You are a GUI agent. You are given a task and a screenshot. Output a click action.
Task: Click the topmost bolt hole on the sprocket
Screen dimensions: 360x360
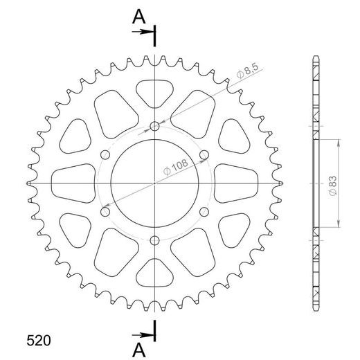click(x=154, y=127)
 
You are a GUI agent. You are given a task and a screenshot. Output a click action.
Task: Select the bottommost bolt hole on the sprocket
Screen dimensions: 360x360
click(x=154, y=240)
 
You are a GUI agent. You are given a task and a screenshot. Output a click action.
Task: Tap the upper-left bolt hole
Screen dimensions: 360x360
click(x=105, y=155)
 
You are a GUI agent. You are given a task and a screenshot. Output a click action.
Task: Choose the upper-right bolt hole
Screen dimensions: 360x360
click(x=204, y=155)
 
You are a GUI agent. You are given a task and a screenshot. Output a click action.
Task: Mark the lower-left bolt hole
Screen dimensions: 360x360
click(x=105, y=212)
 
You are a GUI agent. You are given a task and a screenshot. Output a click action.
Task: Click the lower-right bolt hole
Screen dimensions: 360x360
click(x=204, y=212)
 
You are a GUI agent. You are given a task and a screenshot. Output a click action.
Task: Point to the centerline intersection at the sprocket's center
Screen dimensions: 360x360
click(x=154, y=183)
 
